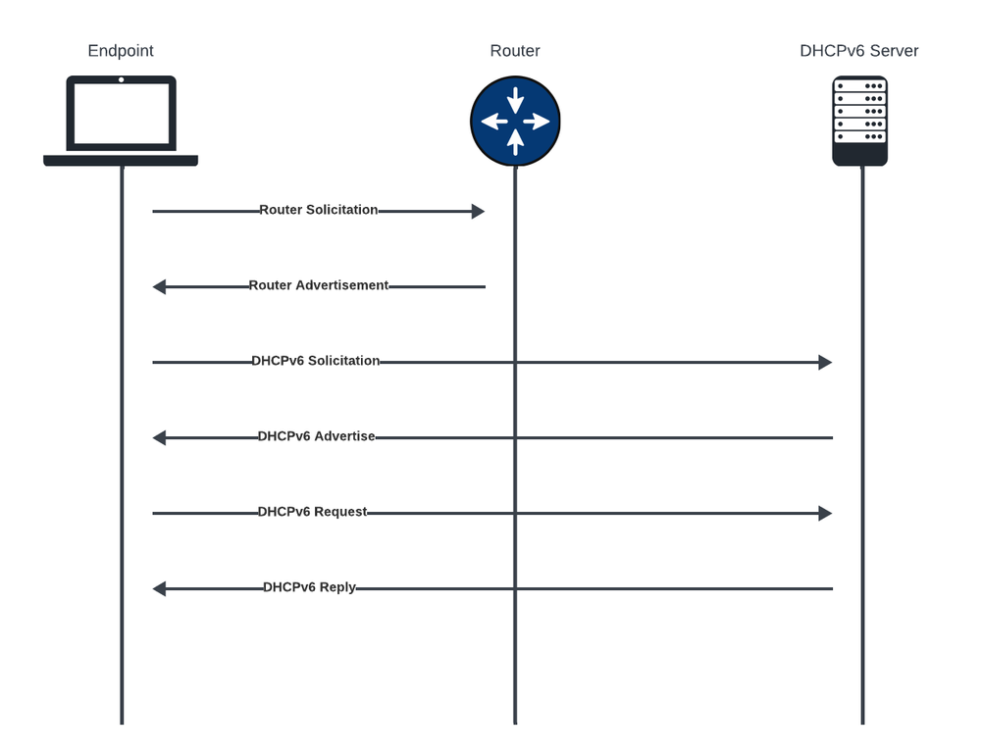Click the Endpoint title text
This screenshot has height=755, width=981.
[x=121, y=51]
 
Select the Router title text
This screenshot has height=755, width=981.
[x=515, y=51]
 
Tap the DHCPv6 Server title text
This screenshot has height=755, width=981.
[x=859, y=51]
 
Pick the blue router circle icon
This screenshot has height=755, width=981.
[x=515, y=121]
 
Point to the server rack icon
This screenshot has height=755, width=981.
[x=860, y=121]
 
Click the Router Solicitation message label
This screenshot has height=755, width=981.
[x=319, y=210]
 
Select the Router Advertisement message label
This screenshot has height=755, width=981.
[x=319, y=285]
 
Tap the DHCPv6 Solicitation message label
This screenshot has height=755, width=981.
[x=316, y=361]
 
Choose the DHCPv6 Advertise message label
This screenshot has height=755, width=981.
[x=316, y=436]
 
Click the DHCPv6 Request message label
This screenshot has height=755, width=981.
[x=313, y=512]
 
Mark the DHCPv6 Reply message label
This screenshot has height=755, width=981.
[x=310, y=587]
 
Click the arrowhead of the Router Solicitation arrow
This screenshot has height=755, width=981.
[x=479, y=211]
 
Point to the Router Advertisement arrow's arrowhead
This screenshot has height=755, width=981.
[x=159, y=286]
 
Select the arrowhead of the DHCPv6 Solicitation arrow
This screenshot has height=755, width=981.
[x=826, y=362]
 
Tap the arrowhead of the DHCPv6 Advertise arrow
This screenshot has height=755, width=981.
[x=159, y=437]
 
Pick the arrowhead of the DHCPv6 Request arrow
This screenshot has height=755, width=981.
[x=826, y=513]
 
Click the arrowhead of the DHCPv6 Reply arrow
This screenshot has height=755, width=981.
[x=159, y=588]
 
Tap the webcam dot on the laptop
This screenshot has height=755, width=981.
[x=122, y=79]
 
